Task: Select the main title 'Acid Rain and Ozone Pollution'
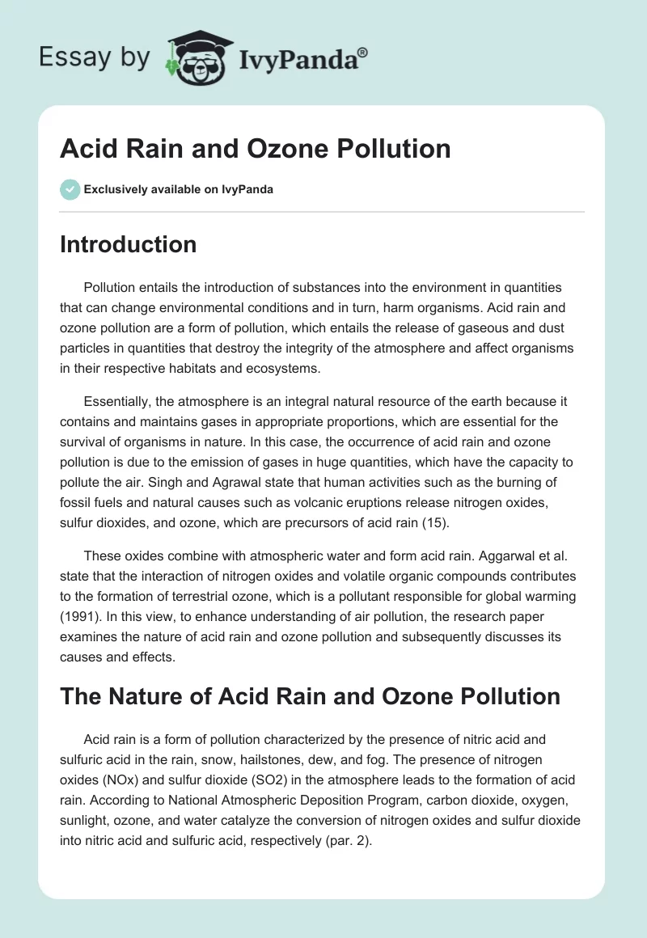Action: pos(255,149)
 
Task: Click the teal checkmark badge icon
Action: pos(70,189)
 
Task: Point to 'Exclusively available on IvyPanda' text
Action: pos(179,190)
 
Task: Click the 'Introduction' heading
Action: pos(128,245)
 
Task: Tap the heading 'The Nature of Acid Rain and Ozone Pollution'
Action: pos(310,695)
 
